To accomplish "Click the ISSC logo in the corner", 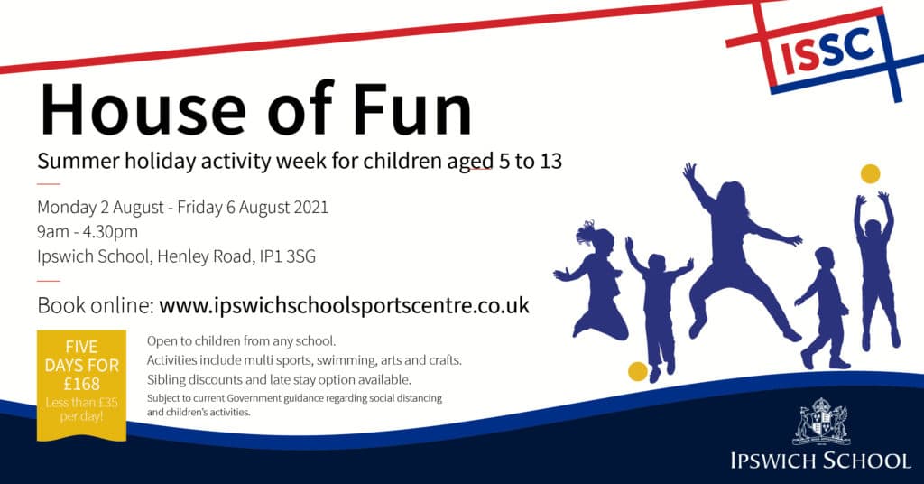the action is [x=827, y=52].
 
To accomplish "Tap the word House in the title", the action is [x=142, y=109].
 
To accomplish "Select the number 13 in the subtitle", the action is [x=550, y=161].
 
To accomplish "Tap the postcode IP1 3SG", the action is [x=288, y=256].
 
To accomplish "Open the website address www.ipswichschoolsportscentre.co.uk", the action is [x=344, y=305].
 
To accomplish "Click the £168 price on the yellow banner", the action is [x=82, y=385].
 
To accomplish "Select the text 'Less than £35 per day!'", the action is [x=82, y=409].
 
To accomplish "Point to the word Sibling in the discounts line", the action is [x=166, y=379].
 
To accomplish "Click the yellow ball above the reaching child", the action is [x=871, y=174].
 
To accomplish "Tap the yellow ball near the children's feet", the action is [x=638, y=371].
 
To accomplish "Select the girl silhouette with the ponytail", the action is [x=591, y=280].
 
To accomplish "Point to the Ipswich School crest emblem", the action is [x=821, y=421].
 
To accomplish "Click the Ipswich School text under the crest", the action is [x=820, y=461].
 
